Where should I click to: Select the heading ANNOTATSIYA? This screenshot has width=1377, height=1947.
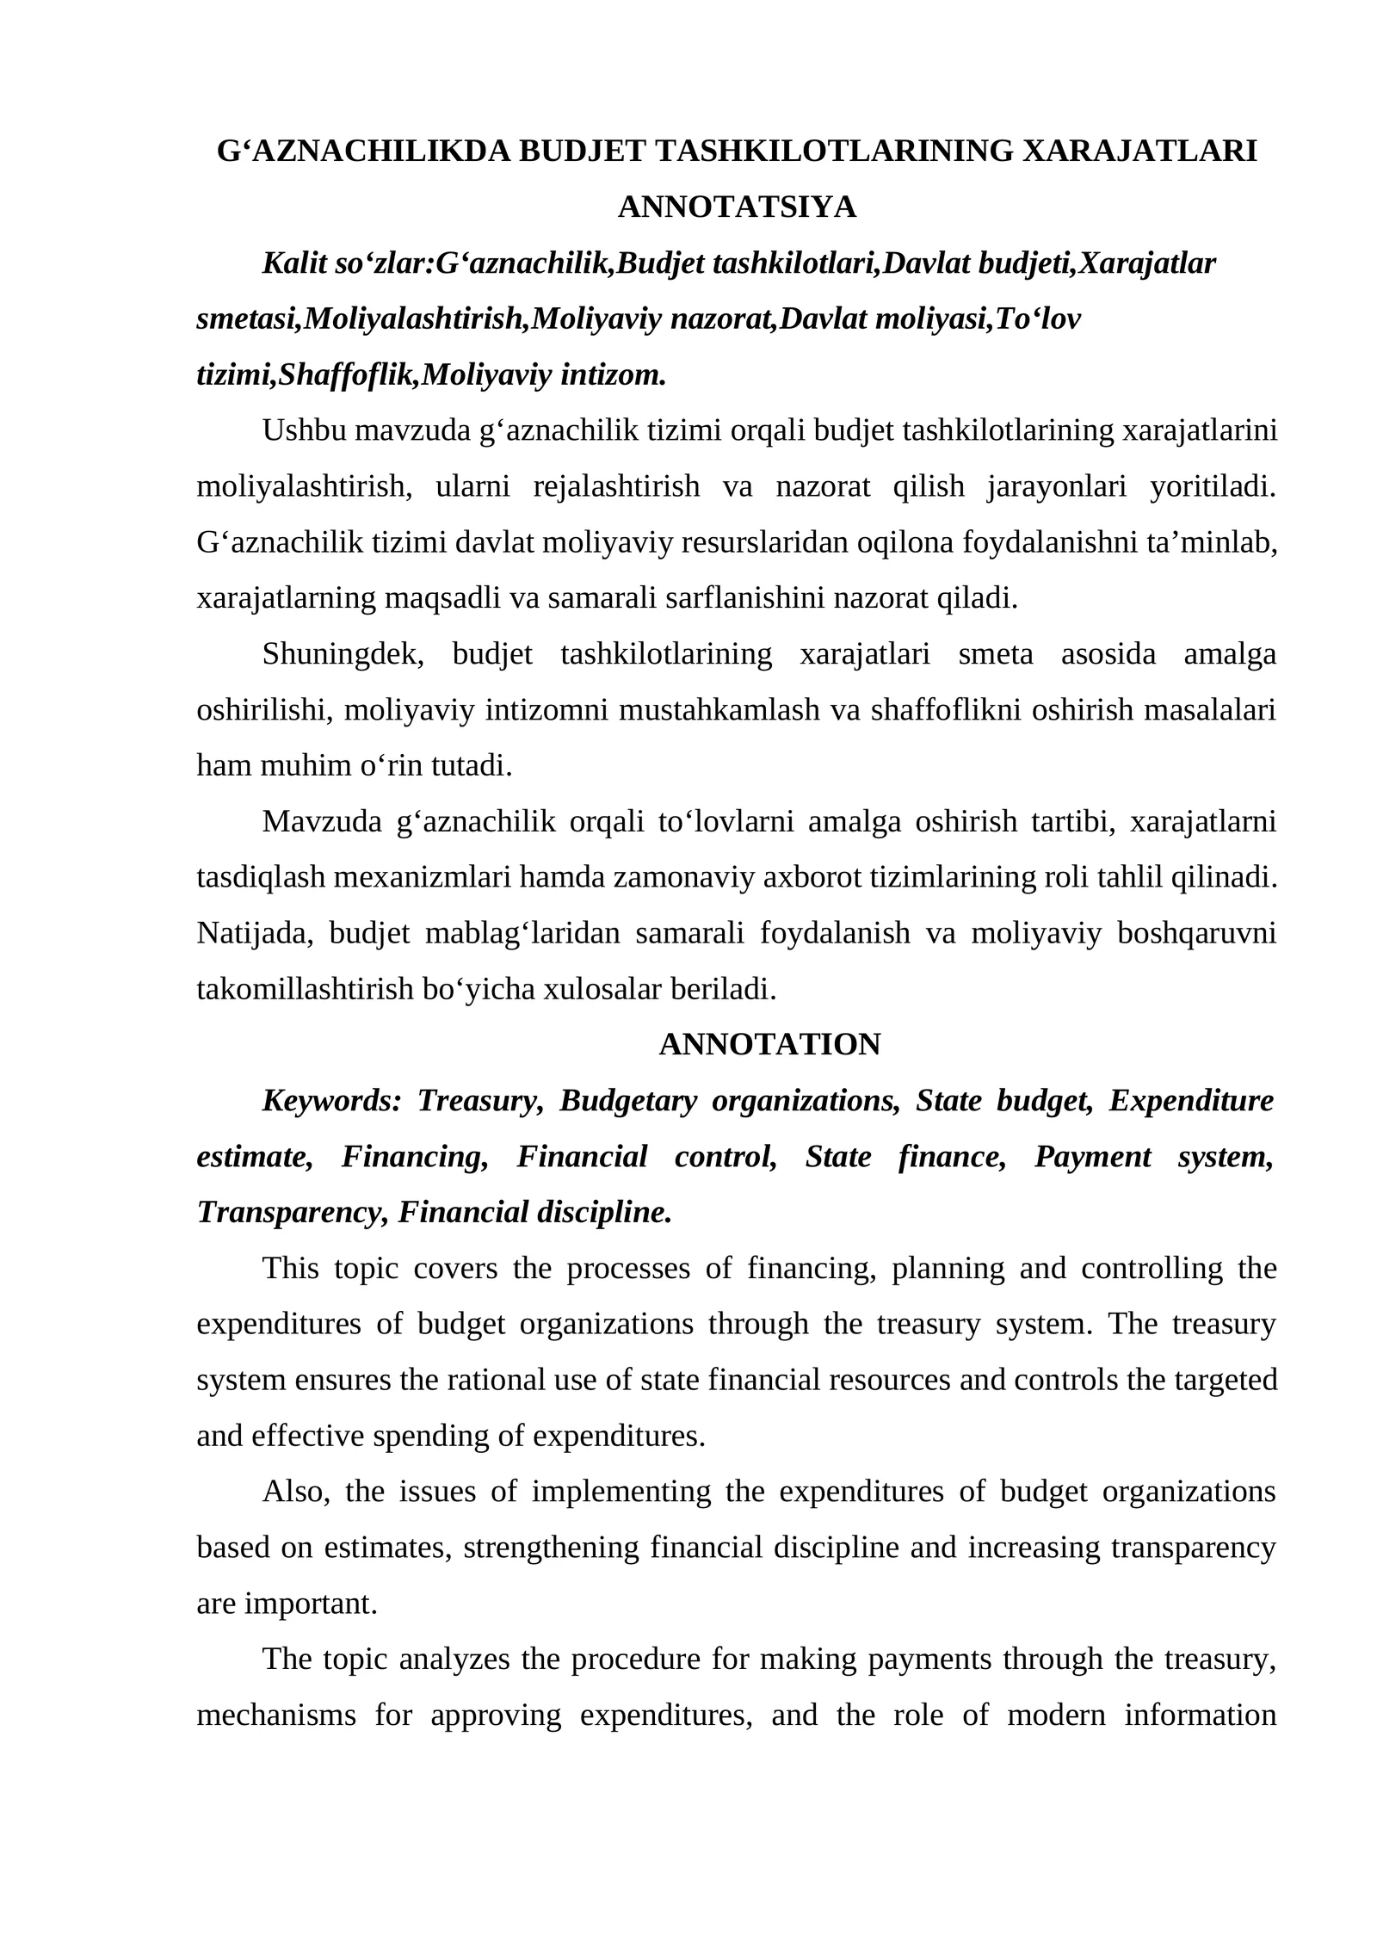pyautogui.click(x=737, y=207)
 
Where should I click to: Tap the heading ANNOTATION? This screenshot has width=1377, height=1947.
pyautogui.click(x=769, y=1044)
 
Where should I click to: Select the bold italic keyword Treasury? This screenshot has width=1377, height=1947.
pyautogui.click(x=479, y=1100)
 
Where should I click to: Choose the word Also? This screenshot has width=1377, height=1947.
pyautogui.click(x=295, y=1491)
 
